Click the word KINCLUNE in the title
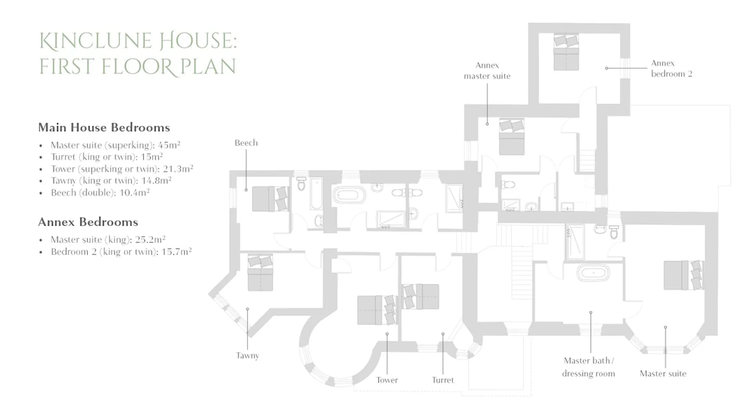95,41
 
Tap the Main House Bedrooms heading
104,127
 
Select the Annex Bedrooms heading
88,222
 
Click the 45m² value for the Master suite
169,145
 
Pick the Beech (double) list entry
100,192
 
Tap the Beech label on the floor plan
246,143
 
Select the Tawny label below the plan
247,355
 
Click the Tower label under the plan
387,380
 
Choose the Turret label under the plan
443,380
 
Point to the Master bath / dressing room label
588,367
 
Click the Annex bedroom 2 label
672,68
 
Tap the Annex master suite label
487,71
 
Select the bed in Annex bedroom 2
566,52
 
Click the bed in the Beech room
270,199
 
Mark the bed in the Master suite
683,275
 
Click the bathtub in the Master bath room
593,273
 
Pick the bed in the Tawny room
260,272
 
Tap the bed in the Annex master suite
512,136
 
